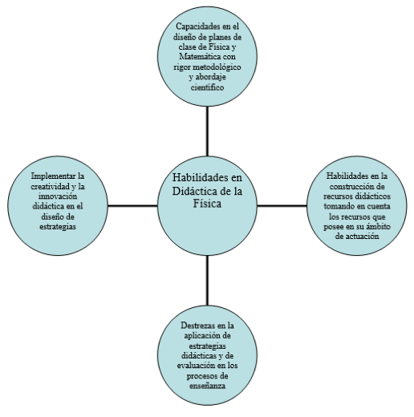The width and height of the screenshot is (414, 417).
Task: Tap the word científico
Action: click(207, 87)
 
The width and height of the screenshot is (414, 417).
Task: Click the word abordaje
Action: click(211, 78)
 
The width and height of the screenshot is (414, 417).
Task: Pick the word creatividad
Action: click(51, 186)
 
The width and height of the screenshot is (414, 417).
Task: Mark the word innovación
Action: click(58, 196)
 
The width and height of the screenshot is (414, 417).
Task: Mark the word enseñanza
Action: click(207, 386)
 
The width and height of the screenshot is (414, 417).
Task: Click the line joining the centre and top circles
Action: click(207, 132)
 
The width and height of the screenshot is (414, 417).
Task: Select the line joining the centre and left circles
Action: click(132, 205)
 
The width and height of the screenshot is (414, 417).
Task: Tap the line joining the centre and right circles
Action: click(282, 205)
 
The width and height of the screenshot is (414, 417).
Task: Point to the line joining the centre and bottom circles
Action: click(207, 281)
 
